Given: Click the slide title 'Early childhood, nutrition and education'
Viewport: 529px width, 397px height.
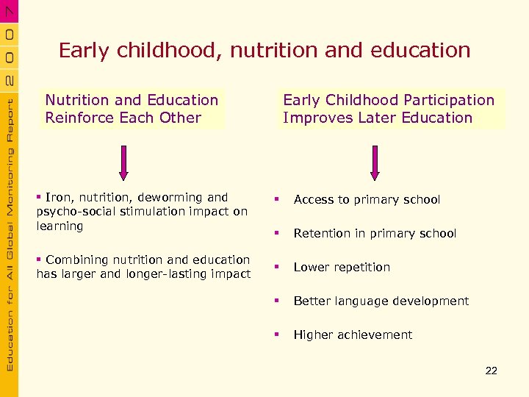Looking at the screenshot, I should click(264, 51).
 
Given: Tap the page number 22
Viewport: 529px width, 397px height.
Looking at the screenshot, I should click(492, 371).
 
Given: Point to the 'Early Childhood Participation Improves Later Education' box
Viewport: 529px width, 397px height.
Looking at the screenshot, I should click(389, 109).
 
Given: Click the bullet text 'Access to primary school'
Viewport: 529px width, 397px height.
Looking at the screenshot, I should click(367, 200).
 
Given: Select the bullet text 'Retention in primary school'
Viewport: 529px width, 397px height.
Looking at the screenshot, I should click(375, 234).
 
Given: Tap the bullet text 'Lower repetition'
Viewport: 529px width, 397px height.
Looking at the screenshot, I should click(342, 268).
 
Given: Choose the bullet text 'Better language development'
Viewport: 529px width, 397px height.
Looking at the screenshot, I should click(381, 301).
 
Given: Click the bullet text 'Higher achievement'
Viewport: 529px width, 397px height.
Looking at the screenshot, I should click(353, 335).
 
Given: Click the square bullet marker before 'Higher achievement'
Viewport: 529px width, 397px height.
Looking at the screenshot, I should click(277, 335).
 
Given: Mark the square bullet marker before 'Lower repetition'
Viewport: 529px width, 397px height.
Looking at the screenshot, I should click(277, 267).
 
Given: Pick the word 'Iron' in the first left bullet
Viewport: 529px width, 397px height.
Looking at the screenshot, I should click(57, 197).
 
